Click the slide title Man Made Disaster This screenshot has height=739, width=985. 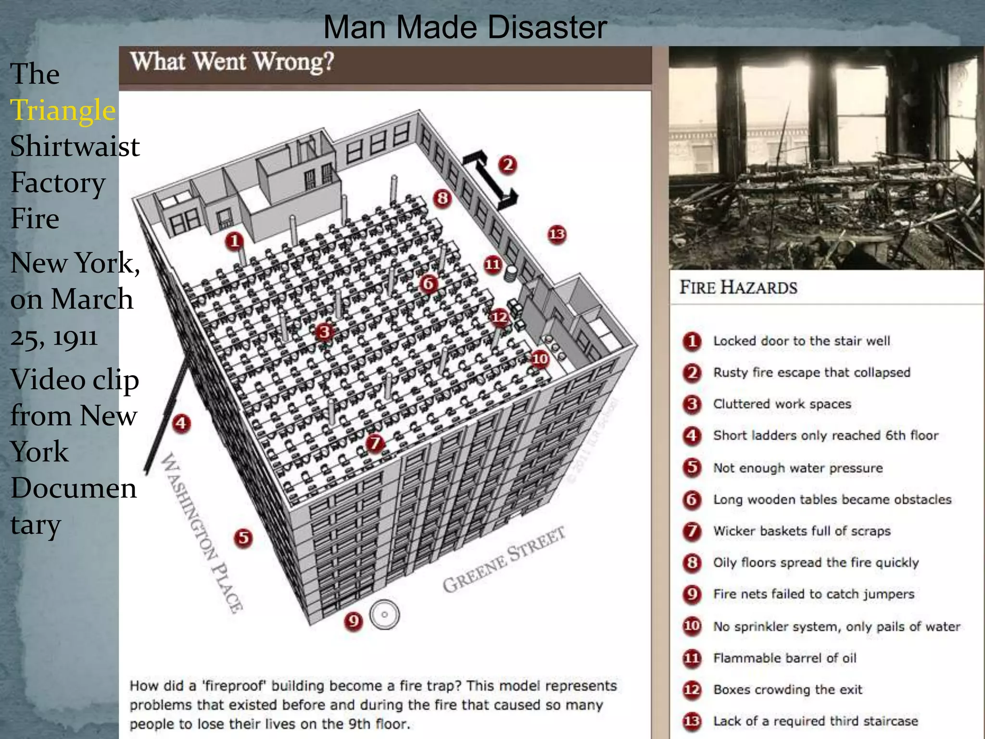pyautogui.click(x=465, y=27)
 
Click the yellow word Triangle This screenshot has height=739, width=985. pyautogui.click(x=63, y=110)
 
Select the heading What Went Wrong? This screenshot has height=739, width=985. pyautogui.click(x=232, y=62)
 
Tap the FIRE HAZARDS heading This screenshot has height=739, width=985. pyautogui.click(x=738, y=288)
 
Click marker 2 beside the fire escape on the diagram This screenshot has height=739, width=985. pyautogui.click(x=507, y=165)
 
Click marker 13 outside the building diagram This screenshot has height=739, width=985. pyautogui.click(x=557, y=234)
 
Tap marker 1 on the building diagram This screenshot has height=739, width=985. pyautogui.click(x=234, y=241)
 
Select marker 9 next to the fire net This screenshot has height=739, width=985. pyautogui.click(x=354, y=621)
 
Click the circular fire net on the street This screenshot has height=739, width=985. pyautogui.click(x=384, y=614)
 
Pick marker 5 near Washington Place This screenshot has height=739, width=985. pyautogui.click(x=243, y=537)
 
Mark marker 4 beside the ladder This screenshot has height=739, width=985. pyautogui.click(x=181, y=423)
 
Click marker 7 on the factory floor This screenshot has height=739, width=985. pyautogui.click(x=375, y=443)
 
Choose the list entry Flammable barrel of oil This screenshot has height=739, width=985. pyautogui.click(x=784, y=658)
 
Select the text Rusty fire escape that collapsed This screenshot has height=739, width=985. pyautogui.click(x=811, y=372)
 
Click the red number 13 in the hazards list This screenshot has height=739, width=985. pyautogui.click(x=692, y=721)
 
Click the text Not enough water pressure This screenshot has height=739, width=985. pyautogui.click(x=797, y=468)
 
